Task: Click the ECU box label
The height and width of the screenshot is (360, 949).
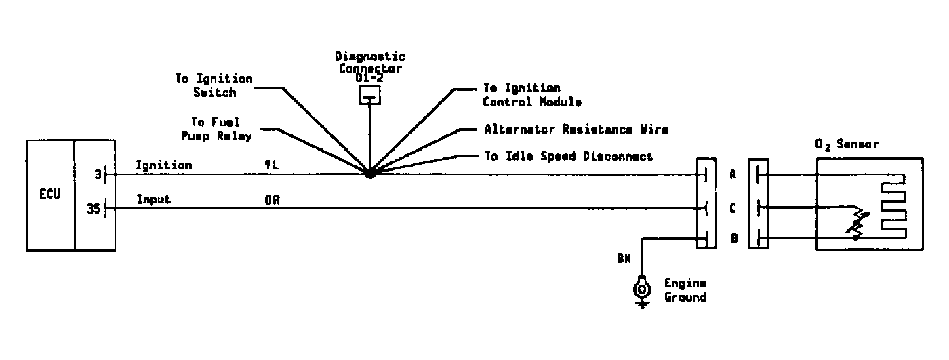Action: click(x=49, y=194)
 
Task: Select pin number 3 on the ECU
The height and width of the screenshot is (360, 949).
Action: click(x=98, y=175)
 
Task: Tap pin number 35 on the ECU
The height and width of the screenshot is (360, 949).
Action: click(x=95, y=209)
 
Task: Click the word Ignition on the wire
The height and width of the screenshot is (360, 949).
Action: click(x=163, y=165)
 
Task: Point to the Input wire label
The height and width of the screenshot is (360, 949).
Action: click(x=154, y=199)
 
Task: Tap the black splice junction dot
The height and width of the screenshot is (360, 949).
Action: click(x=369, y=174)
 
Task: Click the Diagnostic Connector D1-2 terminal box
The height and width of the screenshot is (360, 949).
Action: click(x=369, y=96)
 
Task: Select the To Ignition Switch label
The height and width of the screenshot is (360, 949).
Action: click(x=214, y=85)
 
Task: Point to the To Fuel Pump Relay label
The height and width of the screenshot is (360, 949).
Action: click(x=221, y=129)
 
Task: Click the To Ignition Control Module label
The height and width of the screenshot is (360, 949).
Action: click(x=532, y=95)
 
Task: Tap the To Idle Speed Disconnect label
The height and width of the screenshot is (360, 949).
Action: click(x=568, y=156)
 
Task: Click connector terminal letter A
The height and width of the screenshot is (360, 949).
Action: click(x=733, y=174)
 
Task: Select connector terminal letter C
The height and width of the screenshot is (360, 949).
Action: click(x=733, y=209)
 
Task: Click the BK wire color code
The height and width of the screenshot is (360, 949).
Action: click(x=624, y=258)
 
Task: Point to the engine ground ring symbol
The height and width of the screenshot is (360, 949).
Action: click(x=641, y=289)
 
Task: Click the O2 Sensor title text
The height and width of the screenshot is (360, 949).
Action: click(x=847, y=144)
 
